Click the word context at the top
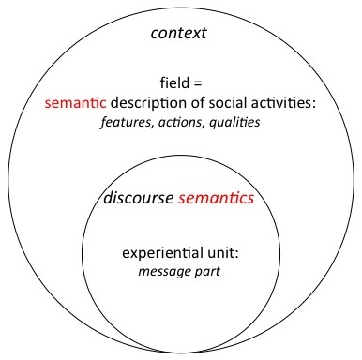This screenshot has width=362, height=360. (x=180, y=35)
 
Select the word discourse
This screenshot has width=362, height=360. (x=137, y=199)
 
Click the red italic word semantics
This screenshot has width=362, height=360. (x=216, y=199)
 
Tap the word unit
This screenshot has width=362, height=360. (x=212, y=254)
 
